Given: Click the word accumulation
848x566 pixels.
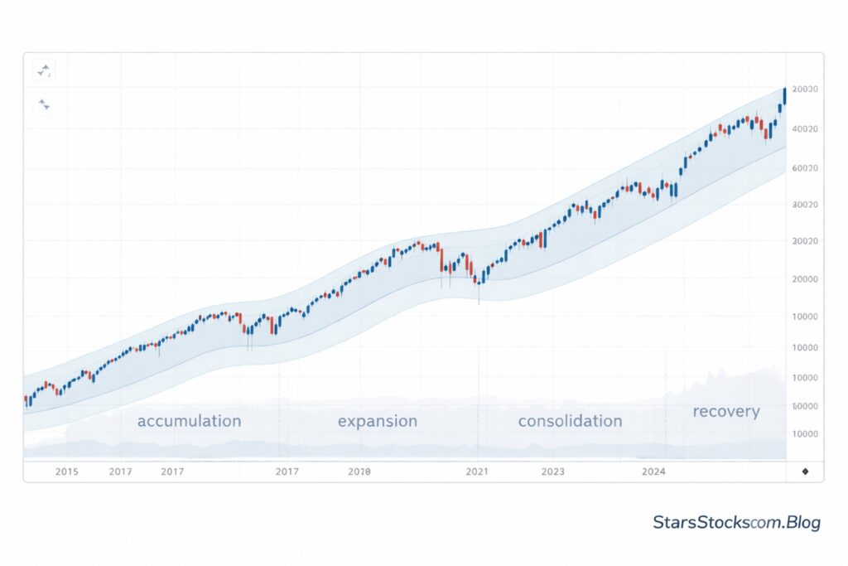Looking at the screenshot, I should [x=189, y=421].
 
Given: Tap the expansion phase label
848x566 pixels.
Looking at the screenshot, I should [x=378, y=421].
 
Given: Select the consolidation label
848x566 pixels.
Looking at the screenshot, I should [x=570, y=421].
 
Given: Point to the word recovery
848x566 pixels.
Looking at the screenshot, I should [x=725, y=412].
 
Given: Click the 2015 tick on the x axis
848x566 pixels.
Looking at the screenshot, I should [x=66, y=472].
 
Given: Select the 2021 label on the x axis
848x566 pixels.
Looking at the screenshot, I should [x=477, y=472].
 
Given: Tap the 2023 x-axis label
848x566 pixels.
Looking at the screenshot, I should [x=552, y=472].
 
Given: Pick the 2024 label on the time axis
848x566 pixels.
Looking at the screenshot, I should [x=653, y=472].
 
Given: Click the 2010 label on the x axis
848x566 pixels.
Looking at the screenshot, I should [x=359, y=472].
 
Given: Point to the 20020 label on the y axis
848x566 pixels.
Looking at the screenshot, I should [x=805, y=89].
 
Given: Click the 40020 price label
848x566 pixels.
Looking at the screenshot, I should [x=805, y=129].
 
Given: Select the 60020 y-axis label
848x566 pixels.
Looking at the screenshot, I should [x=805, y=168].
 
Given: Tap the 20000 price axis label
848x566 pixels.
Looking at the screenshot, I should [x=805, y=279].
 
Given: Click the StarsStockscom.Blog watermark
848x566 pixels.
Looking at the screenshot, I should [x=736, y=523].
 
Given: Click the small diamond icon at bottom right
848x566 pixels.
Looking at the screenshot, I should [x=806, y=472].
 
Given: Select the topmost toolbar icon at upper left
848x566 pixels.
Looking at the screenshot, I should [x=44, y=71].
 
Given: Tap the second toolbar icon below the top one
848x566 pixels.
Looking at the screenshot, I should [x=44, y=104].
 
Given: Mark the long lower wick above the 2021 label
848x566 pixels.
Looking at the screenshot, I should [x=479, y=293].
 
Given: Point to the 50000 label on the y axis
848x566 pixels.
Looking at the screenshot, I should [x=805, y=406].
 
